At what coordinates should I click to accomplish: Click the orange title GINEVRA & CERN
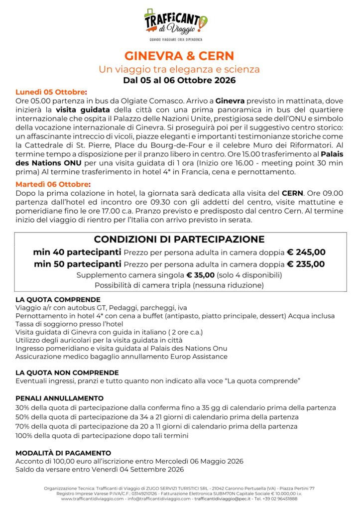coord(179,55)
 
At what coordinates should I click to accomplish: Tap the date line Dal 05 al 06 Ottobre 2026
coord(179,80)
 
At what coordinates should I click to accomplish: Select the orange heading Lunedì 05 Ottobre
coord(51,92)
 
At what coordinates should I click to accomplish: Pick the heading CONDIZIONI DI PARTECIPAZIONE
coord(179,239)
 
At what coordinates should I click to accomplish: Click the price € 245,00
coord(306,252)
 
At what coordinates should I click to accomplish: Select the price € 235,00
coord(306,264)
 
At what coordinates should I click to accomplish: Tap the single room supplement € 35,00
coord(200,275)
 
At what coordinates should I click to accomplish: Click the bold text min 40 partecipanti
coord(77,252)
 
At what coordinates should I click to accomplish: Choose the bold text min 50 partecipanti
coord(77,264)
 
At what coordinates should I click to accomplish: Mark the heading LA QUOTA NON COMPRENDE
coord(67,373)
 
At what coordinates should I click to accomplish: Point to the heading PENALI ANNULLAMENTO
coord(59,398)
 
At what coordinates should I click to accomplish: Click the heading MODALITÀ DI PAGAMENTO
coord(63,453)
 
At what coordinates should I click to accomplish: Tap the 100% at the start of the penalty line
coord(24,435)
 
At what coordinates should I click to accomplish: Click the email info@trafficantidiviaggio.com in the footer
coord(155,499)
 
